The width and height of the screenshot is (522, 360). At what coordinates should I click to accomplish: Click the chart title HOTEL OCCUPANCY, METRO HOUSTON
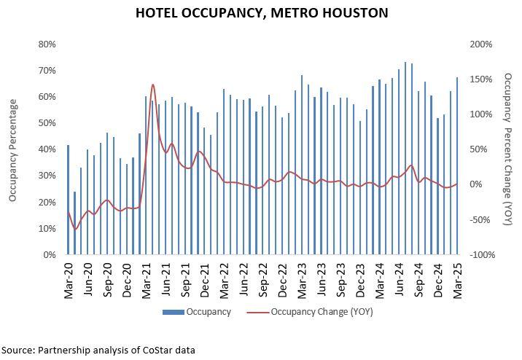click(x=261, y=12)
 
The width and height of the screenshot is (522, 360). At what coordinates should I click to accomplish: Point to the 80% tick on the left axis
click(x=47, y=44)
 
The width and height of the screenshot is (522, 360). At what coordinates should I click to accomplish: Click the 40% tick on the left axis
click(x=47, y=149)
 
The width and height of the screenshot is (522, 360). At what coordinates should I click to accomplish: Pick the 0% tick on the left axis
click(x=50, y=255)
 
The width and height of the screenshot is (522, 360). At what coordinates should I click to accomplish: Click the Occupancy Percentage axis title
click(x=12, y=149)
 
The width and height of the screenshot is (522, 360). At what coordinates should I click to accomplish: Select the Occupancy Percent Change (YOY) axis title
click(x=508, y=149)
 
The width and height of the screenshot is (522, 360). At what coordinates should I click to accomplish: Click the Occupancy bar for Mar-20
click(x=68, y=200)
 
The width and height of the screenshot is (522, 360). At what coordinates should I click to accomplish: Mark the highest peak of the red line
click(x=152, y=85)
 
